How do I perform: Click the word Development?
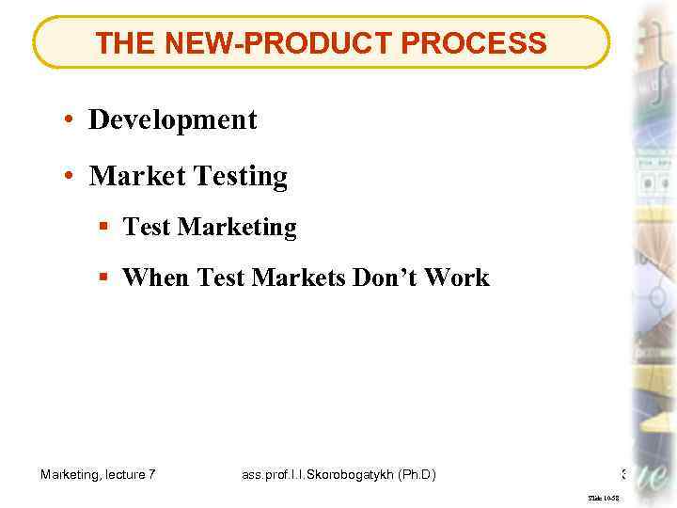tap(172, 119)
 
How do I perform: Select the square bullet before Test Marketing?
tap(103, 228)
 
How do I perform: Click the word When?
tap(157, 278)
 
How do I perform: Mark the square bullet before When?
tap(103, 278)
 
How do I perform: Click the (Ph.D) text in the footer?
tap(416, 475)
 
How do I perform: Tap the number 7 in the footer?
tap(151, 475)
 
